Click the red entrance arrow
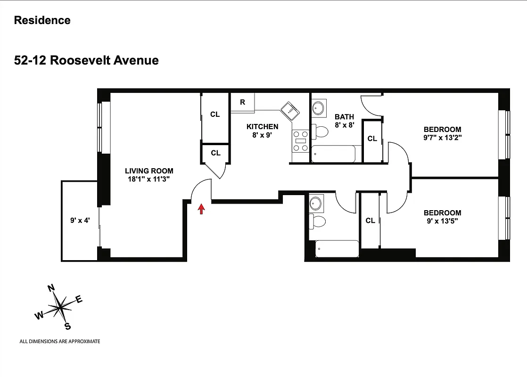201,209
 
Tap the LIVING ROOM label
148,171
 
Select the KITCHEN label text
262,126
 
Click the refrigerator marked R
242,102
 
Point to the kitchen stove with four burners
300,141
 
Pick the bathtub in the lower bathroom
336,248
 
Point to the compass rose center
60,307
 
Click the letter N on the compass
52,288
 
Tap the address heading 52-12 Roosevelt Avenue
86,60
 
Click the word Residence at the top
42,20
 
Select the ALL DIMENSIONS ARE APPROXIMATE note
59,341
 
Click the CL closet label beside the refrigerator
215,115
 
